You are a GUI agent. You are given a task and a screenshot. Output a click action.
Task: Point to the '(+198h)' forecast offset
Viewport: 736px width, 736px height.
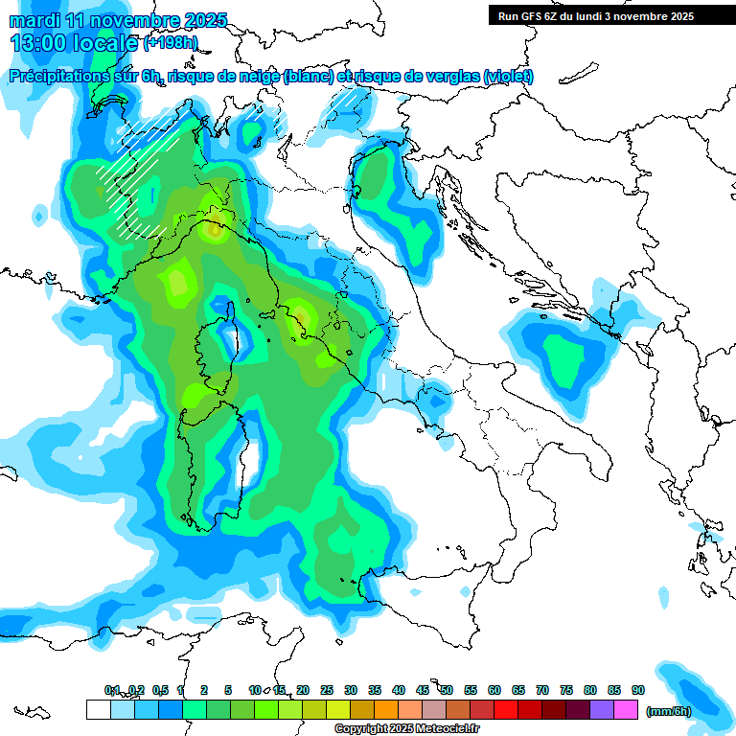tap(171, 43)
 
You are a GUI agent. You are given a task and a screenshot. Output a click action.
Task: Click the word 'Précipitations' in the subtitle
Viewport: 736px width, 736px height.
tap(67, 77)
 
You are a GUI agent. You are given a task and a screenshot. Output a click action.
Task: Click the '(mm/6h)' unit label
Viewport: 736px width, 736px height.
tap(669, 711)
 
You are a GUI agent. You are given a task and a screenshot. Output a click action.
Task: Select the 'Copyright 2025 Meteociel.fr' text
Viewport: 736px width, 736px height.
tap(406, 729)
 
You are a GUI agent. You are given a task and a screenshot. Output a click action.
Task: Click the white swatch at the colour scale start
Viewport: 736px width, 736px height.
tap(98, 710)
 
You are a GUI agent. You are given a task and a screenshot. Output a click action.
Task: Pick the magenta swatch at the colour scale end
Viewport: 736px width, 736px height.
tap(627, 710)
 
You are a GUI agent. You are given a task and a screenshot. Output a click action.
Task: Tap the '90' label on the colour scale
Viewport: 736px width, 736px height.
tap(637, 690)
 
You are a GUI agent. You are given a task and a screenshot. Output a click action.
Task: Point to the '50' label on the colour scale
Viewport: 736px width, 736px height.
tap(447, 690)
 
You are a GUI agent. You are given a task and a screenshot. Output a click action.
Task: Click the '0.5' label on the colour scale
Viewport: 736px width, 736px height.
tap(159, 690)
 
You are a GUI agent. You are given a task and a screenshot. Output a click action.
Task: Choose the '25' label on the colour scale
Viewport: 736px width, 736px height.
tap(327, 690)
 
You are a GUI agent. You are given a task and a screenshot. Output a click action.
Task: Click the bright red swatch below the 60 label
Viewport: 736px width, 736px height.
tap(506, 710)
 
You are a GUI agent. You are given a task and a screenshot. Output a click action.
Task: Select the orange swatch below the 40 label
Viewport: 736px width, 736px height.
tap(386, 710)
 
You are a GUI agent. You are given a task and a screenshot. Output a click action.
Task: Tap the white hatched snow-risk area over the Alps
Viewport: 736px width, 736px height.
tap(144, 177)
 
